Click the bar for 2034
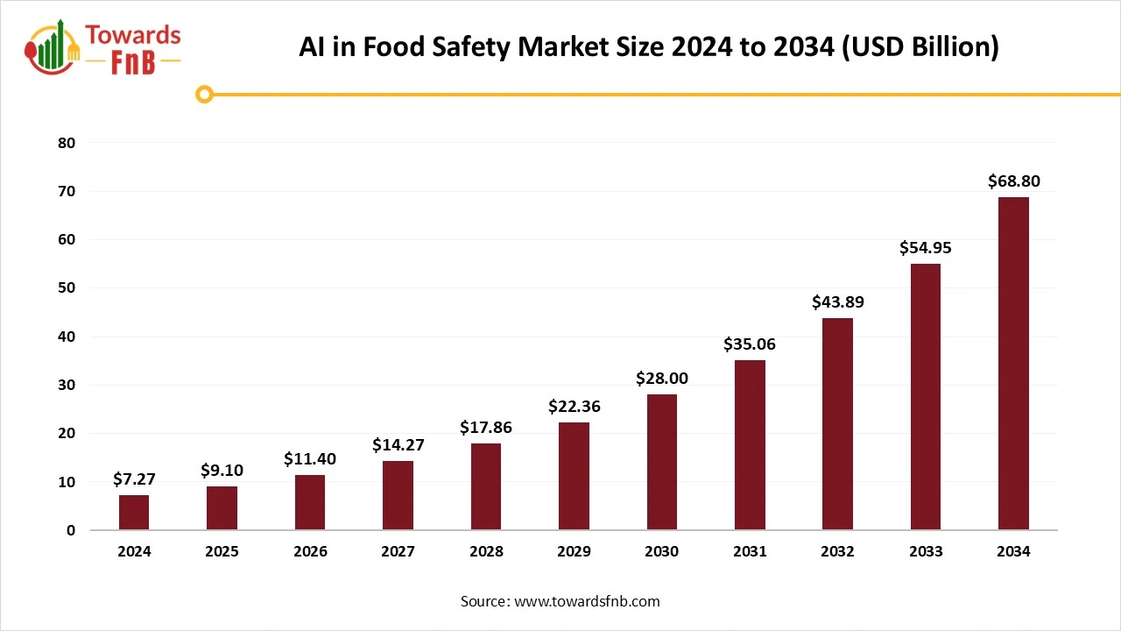1013,364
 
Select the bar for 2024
134,513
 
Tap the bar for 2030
662,462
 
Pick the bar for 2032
837,424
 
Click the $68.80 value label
1013,181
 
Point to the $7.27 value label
134,479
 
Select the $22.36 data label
574,406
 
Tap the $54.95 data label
925,248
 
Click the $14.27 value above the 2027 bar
398,445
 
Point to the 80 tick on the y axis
67,143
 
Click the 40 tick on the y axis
67,337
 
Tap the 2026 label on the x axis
310,551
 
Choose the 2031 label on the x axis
750,551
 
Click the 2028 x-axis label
486,551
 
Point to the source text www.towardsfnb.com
587,601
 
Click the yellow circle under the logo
204,94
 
